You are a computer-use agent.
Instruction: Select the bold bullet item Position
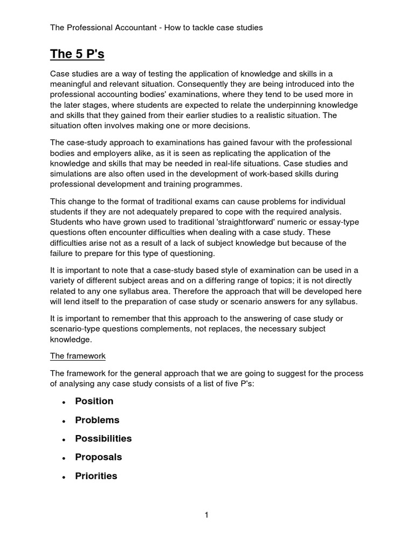(x=94, y=401)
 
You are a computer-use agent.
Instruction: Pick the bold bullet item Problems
(x=97, y=420)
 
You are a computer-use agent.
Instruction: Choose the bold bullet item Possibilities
(x=103, y=438)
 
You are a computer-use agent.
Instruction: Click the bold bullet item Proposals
(x=99, y=457)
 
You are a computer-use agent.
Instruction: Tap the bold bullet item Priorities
(x=96, y=476)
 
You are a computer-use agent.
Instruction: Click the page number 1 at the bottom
(x=206, y=515)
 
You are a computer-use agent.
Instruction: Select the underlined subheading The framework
(x=78, y=356)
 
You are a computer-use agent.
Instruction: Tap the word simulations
(x=71, y=174)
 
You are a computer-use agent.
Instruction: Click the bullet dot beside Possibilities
(x=64, y=439)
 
